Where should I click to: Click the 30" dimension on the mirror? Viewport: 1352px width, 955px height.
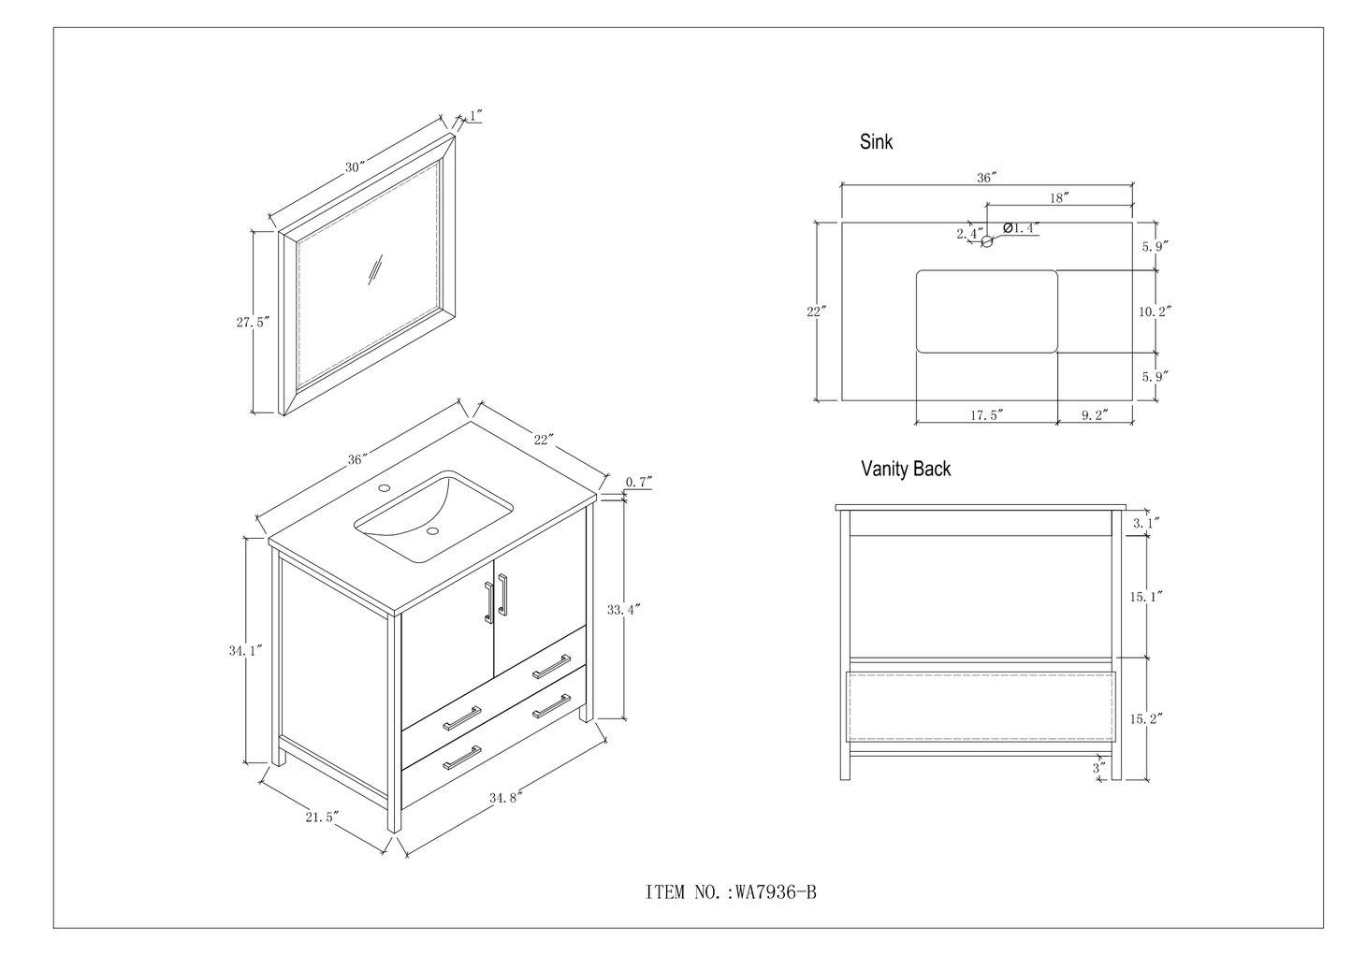pyautogui.click(x=354, y=167)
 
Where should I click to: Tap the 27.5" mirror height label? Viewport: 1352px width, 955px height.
pyautogui.click(x=253, y=322)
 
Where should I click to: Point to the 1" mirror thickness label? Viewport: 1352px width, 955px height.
pyautogui.click(x=475, y=116)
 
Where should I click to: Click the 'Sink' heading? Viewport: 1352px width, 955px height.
pyautogui.click(x=876, y=142)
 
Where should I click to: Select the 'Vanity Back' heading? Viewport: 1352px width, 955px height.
pyautogui.click(x=905, y=469)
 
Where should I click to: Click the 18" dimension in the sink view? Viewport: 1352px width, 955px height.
pyautogui.click(x=1059, y=197)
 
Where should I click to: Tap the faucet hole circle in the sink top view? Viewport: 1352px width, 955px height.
pyautogui.click(x=986, y=241)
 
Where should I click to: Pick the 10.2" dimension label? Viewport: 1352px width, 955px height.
pyautogui.click(x=1156, y=311)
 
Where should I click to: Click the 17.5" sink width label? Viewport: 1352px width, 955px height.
pyautogui.click(x=986, y=415)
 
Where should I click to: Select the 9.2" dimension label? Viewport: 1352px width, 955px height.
pyautogui.click(x=1095, y=415)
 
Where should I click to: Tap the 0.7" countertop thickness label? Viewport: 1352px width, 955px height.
pyautogui.click(x=639, y=482)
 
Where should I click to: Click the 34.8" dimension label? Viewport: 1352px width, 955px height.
pyautogui.click(x=503, y=797)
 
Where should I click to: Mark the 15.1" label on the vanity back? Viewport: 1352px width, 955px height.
pyautogui.click(x=1146, y=595)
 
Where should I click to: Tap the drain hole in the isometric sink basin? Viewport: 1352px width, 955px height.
pyautogui.click(x=432, y=531)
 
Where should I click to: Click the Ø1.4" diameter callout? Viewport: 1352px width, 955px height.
pyautogui.click(x=1022, y=227)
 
